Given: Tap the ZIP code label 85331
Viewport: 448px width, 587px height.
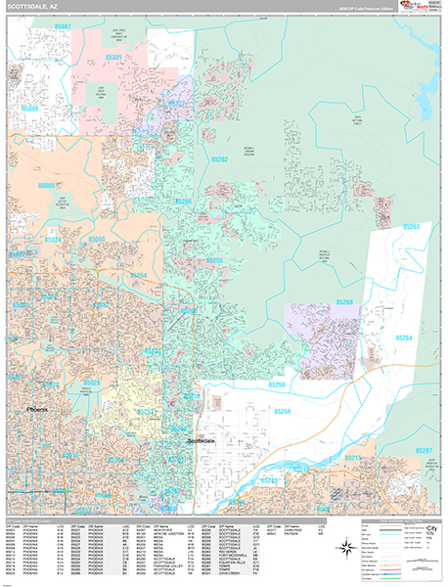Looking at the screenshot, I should click(x=114, y=58).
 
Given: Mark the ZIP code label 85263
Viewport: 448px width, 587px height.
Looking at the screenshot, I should click(x=411, y=227).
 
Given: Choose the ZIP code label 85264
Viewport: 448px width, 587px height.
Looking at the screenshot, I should click(x=403, y=339).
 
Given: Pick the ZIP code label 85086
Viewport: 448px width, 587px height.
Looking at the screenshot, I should click(x=30, y=108).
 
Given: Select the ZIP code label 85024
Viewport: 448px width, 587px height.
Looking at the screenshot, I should click(x=53, y=240).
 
